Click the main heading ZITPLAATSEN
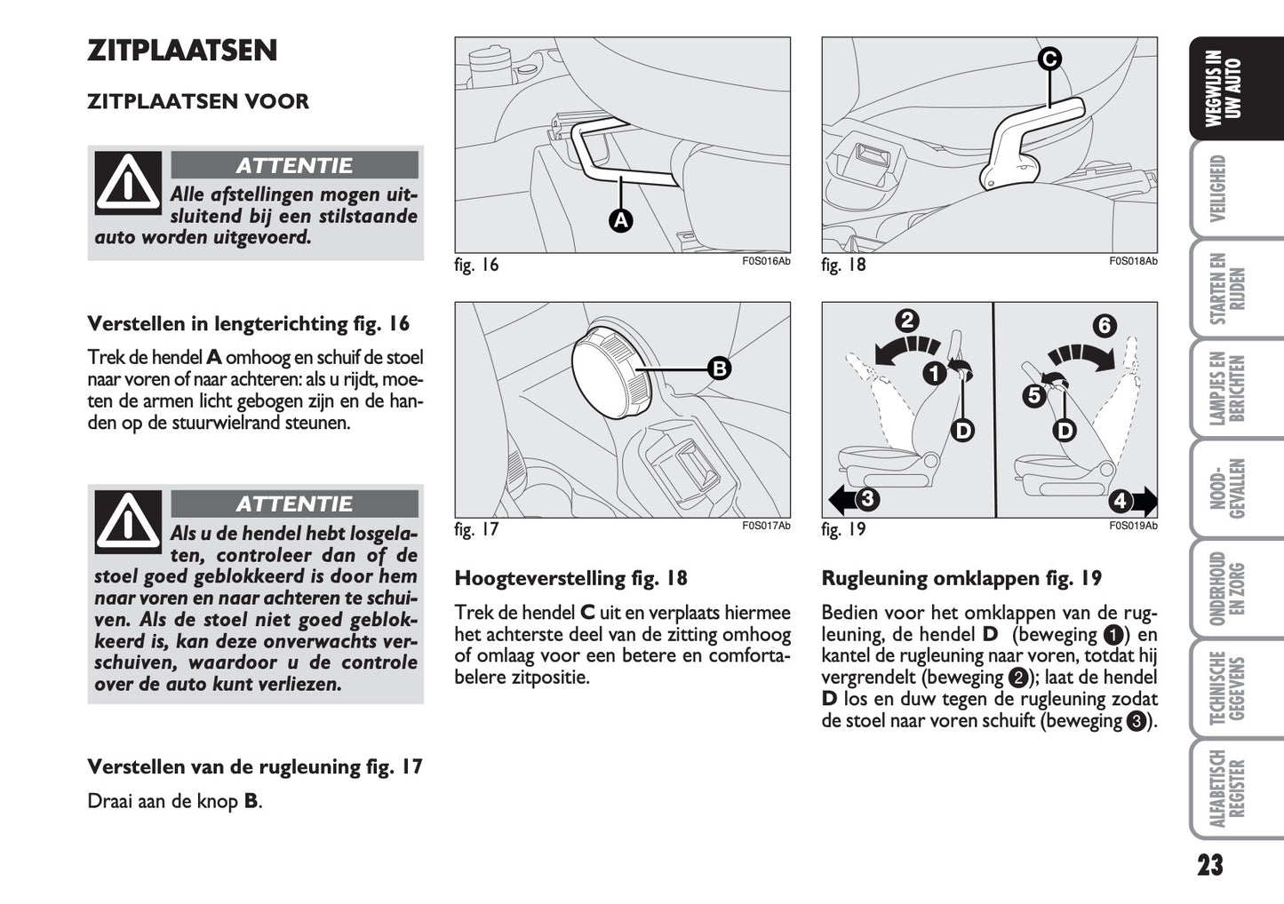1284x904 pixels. coord(182,51)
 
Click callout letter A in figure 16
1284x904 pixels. coord(620,220)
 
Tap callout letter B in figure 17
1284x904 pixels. coord(718,368)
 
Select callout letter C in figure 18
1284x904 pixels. coord(1049,59)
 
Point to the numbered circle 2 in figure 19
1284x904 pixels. coord(907,321)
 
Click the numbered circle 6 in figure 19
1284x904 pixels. coord(1105,326)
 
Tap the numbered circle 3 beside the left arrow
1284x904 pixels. coord(867,499)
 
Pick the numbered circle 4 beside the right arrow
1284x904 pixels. coord(1120,501)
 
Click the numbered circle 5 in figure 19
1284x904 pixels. coord(1033,395)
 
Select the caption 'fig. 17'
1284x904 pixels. coord(476,530)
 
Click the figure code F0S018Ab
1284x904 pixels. coord(1133,262)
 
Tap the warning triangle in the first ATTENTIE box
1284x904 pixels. coord(129,182)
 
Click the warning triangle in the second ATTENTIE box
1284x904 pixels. coord(129,521)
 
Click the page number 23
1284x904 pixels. coord(1209,864)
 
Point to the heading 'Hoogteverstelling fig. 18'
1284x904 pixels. coord(570,579)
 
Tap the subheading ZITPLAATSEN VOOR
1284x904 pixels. coord(198,101)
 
